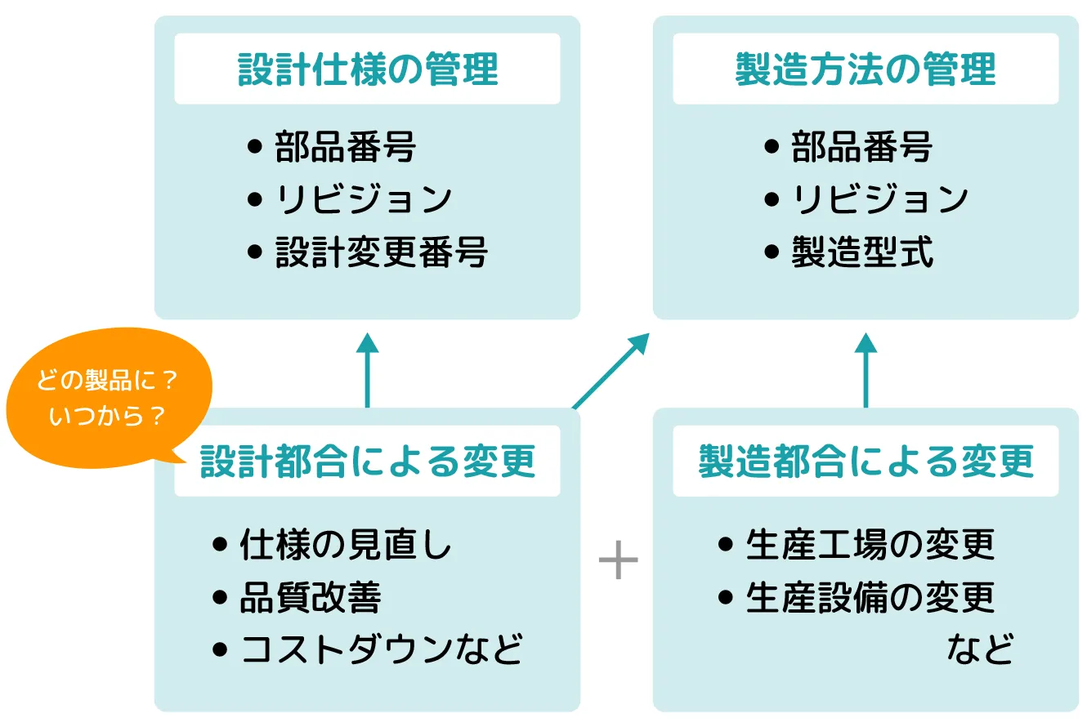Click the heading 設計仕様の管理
click(368, 69)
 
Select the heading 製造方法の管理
click(866, 69)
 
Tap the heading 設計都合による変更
click(368, 462)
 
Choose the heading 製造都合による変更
click(866, 462)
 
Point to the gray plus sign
click(618, 563)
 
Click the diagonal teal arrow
click(611, 371)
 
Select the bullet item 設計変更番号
click(381, 252)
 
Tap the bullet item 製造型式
click(862, 252)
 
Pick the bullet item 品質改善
click(310, 598)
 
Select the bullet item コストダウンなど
click(381, 650)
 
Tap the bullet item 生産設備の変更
click(870, 598)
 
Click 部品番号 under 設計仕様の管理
click(345, 148)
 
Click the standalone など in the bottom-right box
click(980, 650)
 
